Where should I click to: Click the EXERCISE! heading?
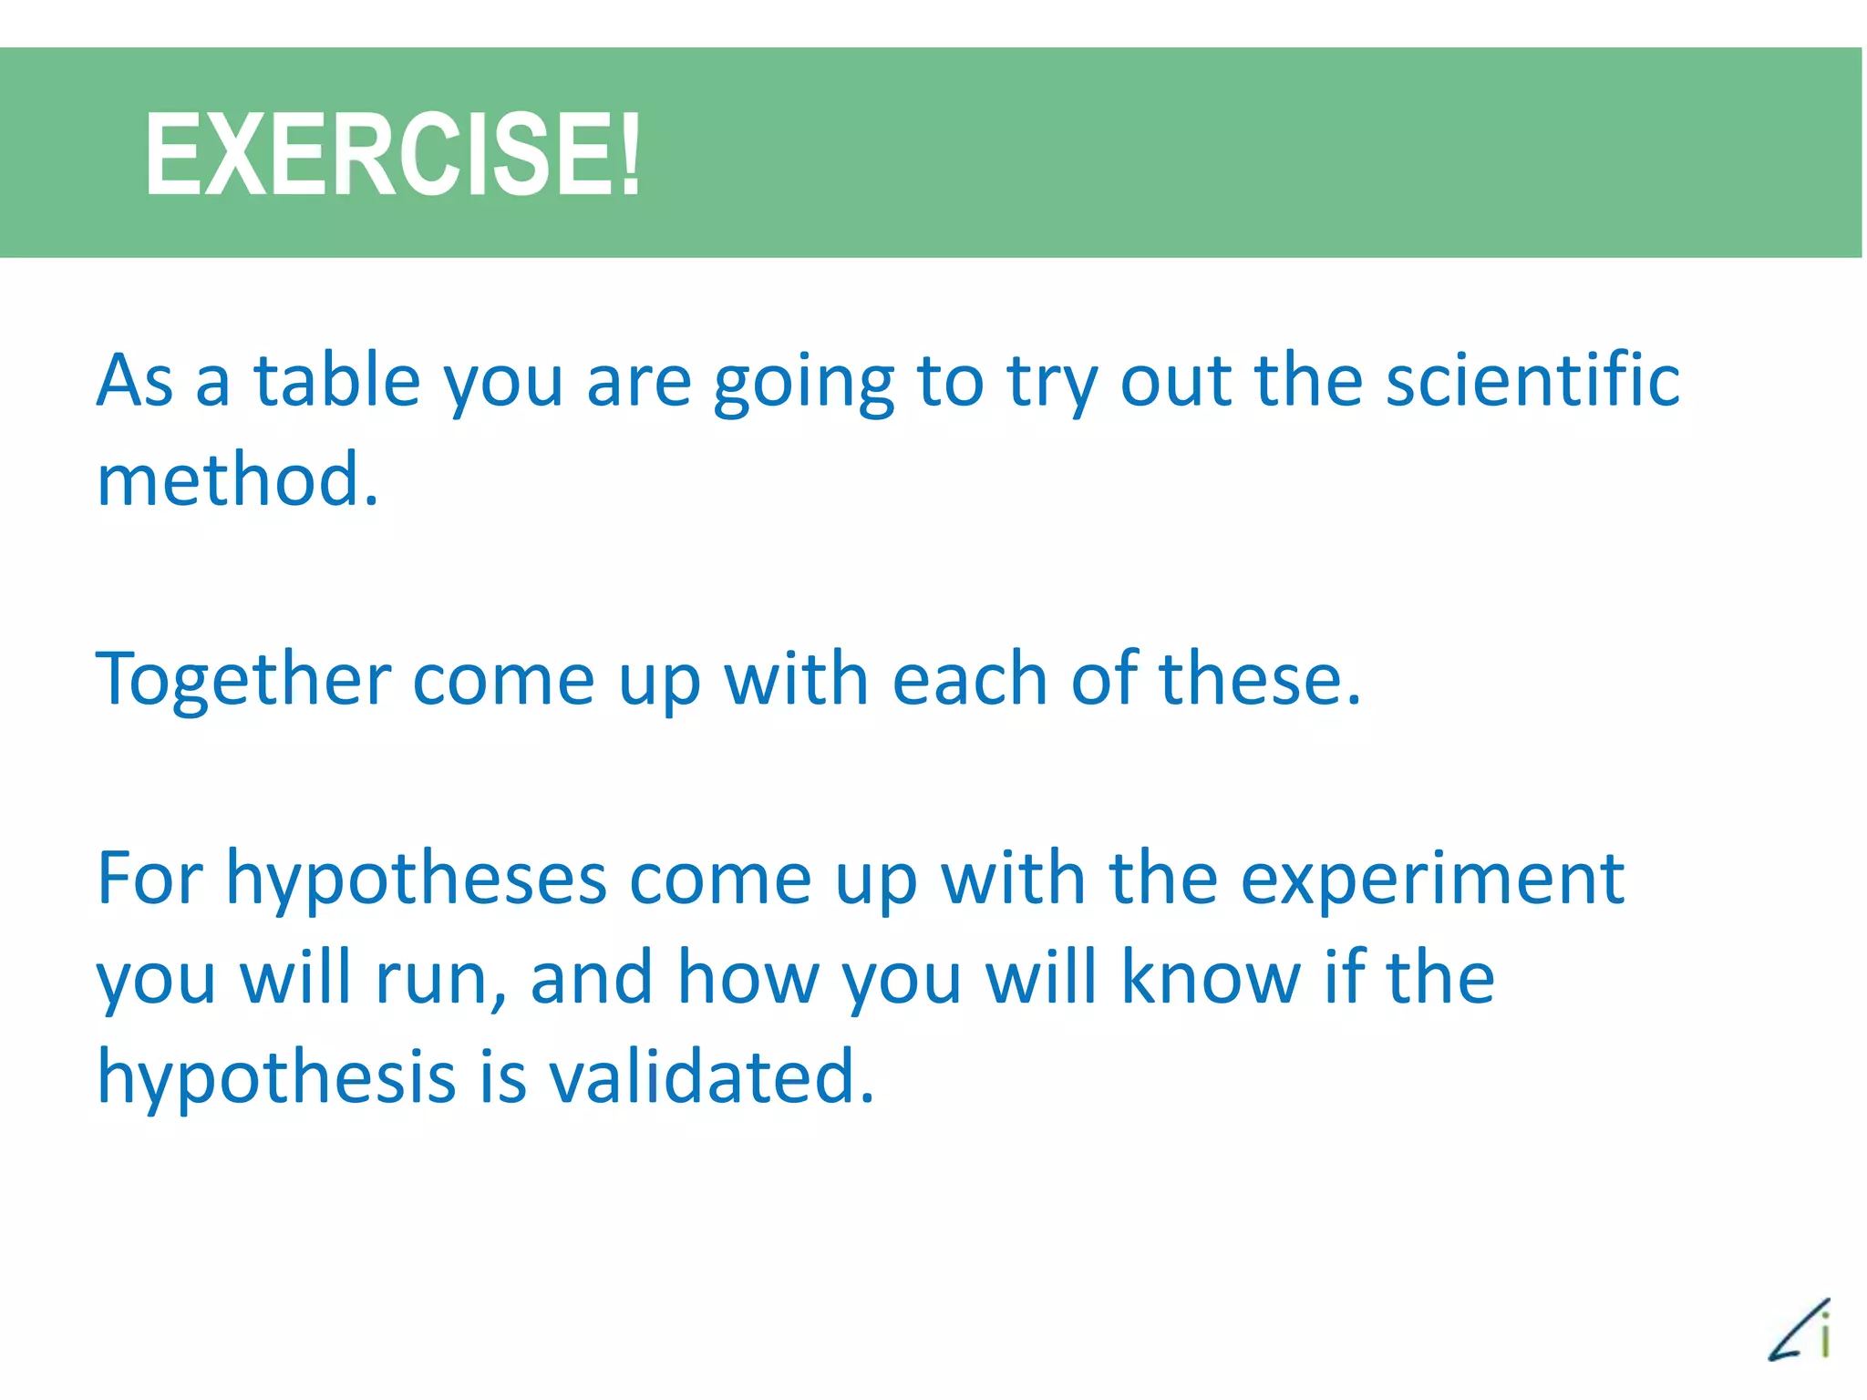392,153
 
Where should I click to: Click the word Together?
243,680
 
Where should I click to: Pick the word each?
968,680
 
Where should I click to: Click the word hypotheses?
416,880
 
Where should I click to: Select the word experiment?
1432,880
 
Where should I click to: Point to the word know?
1211,977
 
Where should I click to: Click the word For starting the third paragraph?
150,879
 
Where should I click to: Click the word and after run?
592,977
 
